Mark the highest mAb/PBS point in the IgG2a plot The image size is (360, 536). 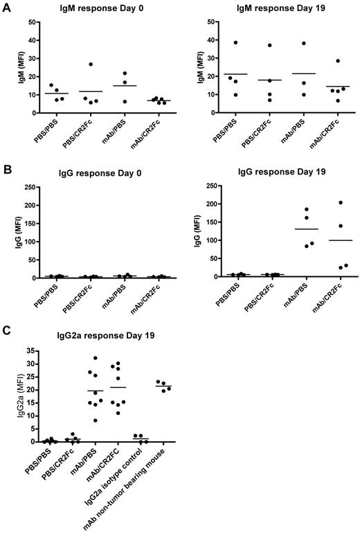(96, 358)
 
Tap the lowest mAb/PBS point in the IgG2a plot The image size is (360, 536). (96, 420)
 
